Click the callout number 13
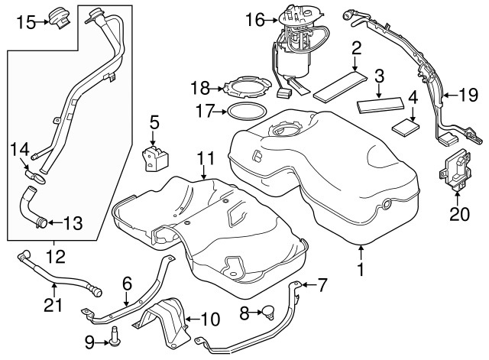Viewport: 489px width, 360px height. point(72,223)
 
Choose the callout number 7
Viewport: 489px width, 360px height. point(322,286)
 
